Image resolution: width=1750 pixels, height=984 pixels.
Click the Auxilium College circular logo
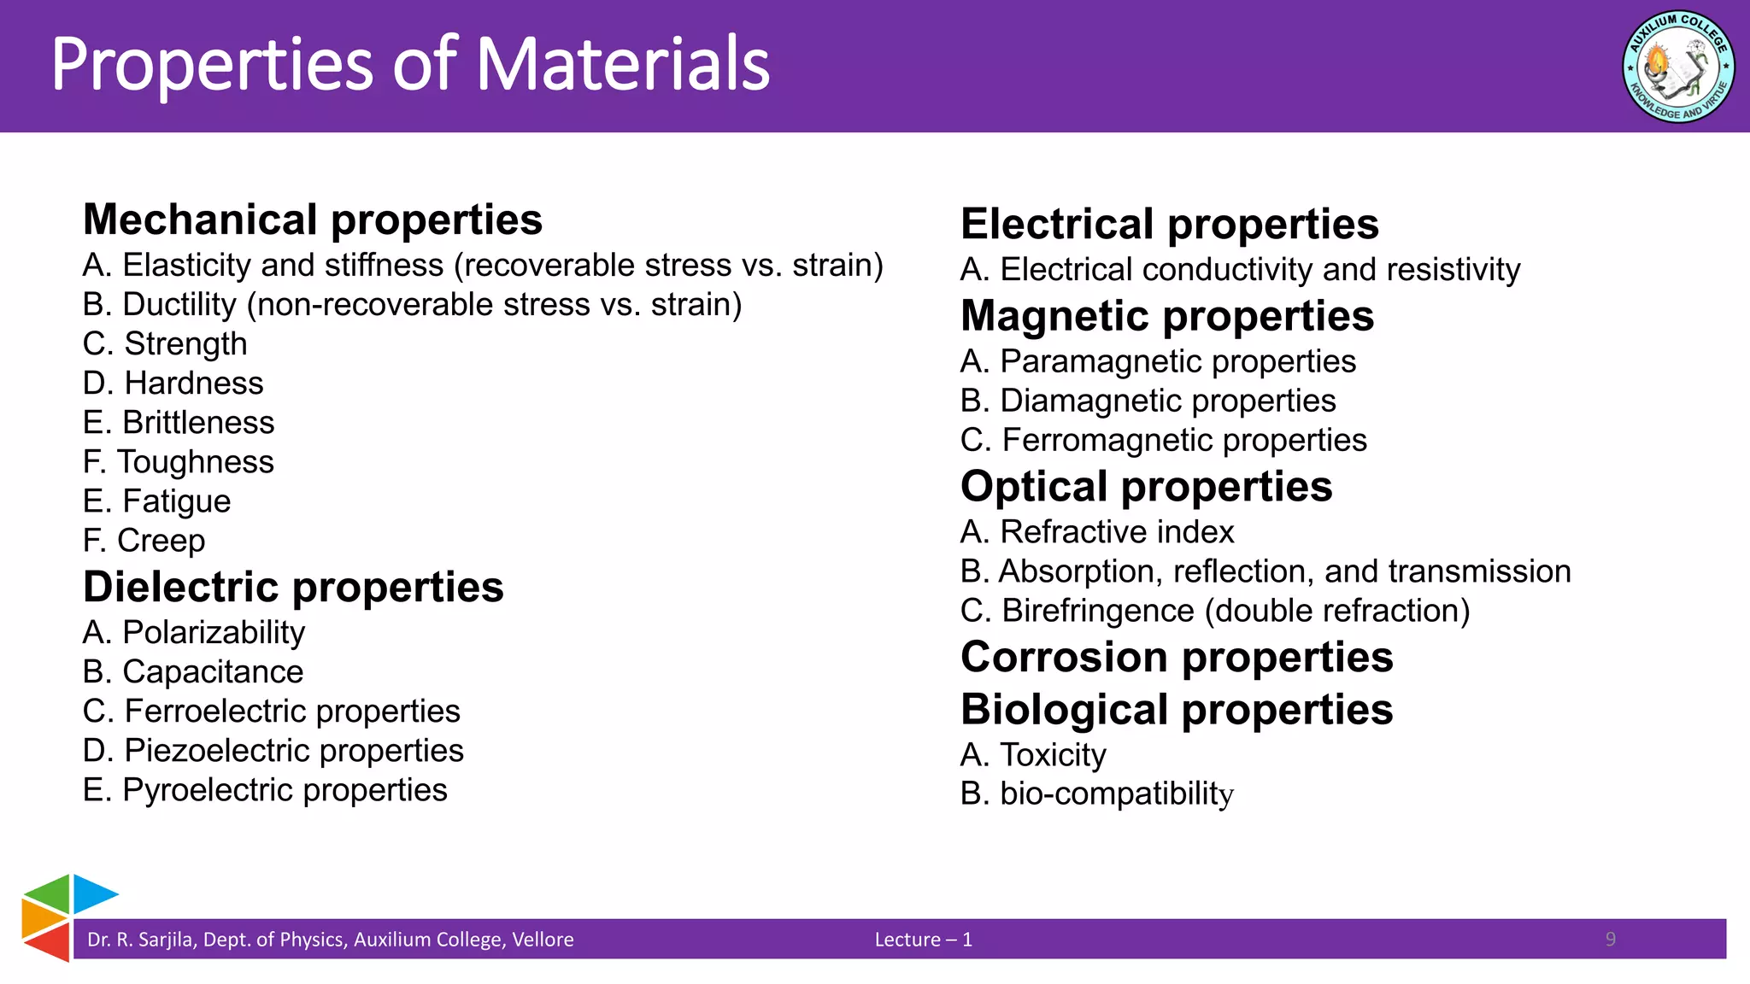tap(1677, 67)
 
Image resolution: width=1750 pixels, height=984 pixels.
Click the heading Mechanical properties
tap(313, 220)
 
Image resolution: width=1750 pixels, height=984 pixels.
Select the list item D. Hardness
tap(173, 384)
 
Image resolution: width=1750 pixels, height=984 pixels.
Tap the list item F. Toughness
tap(179, 462)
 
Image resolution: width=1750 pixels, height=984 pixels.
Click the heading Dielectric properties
tap(293, 588)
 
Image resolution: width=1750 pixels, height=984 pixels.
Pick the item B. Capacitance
tap(193, 672)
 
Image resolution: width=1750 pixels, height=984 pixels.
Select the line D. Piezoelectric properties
tap(273, 751)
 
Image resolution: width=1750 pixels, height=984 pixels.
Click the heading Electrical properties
tap(1169, 225)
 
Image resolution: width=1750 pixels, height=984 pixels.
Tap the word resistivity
tap(1453, 270)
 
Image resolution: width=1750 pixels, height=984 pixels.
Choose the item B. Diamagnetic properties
tap(1148, 401)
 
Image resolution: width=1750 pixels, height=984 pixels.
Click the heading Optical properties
tap(1146, 487)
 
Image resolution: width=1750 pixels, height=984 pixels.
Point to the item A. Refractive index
tap(1097, 532)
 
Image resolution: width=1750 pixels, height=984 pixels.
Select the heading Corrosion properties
tap(1177, 658)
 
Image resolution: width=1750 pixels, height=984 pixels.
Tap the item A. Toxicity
tap(1033, 755)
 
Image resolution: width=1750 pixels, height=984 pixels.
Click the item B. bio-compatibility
tap(1096, 794)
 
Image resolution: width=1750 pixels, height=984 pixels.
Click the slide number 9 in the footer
tap(1610, 940)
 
